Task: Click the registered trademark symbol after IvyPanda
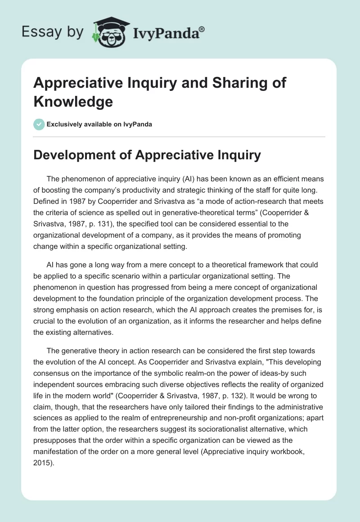[x=202, y=29]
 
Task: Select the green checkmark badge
[x=39, y=124]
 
